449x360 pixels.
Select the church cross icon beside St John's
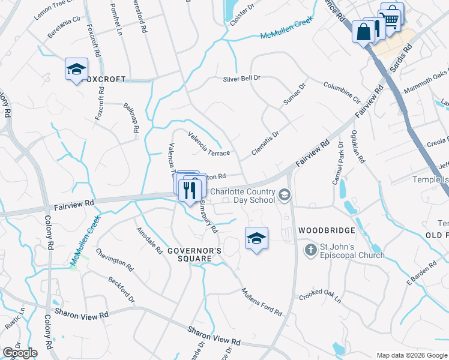pyautogui.click(x=310, y=250)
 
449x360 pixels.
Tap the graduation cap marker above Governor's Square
pyautogui.click(x=256, y=238)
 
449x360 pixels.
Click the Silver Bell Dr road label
pyautogui.click(x=241, y=79)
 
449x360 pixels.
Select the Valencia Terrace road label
pyautogui.click(x=209, y=144)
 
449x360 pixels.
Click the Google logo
pyautogui.click(x=20, y=353)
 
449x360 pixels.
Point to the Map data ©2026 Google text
pyautogui.click(x=412, y=355)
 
